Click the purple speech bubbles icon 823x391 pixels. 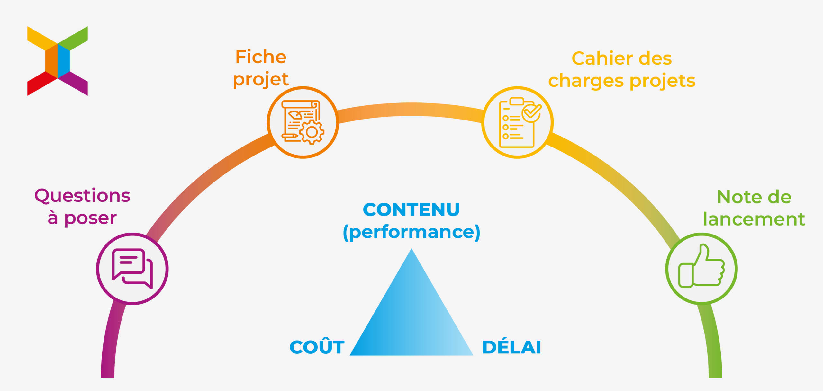(132, 269)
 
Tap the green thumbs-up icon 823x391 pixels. (701, 266)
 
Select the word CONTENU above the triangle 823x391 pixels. (411, 209)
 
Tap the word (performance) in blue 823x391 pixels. (411, 232)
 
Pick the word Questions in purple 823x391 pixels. (82, 196)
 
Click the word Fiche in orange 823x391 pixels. (261, 57)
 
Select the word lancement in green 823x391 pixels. (754, 219)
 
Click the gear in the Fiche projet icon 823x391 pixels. (312, 132)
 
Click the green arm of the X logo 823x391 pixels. (73, 39)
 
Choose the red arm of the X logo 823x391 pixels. (42, 83)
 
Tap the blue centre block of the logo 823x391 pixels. (64, 61)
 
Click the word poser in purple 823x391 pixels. (90, 218)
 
